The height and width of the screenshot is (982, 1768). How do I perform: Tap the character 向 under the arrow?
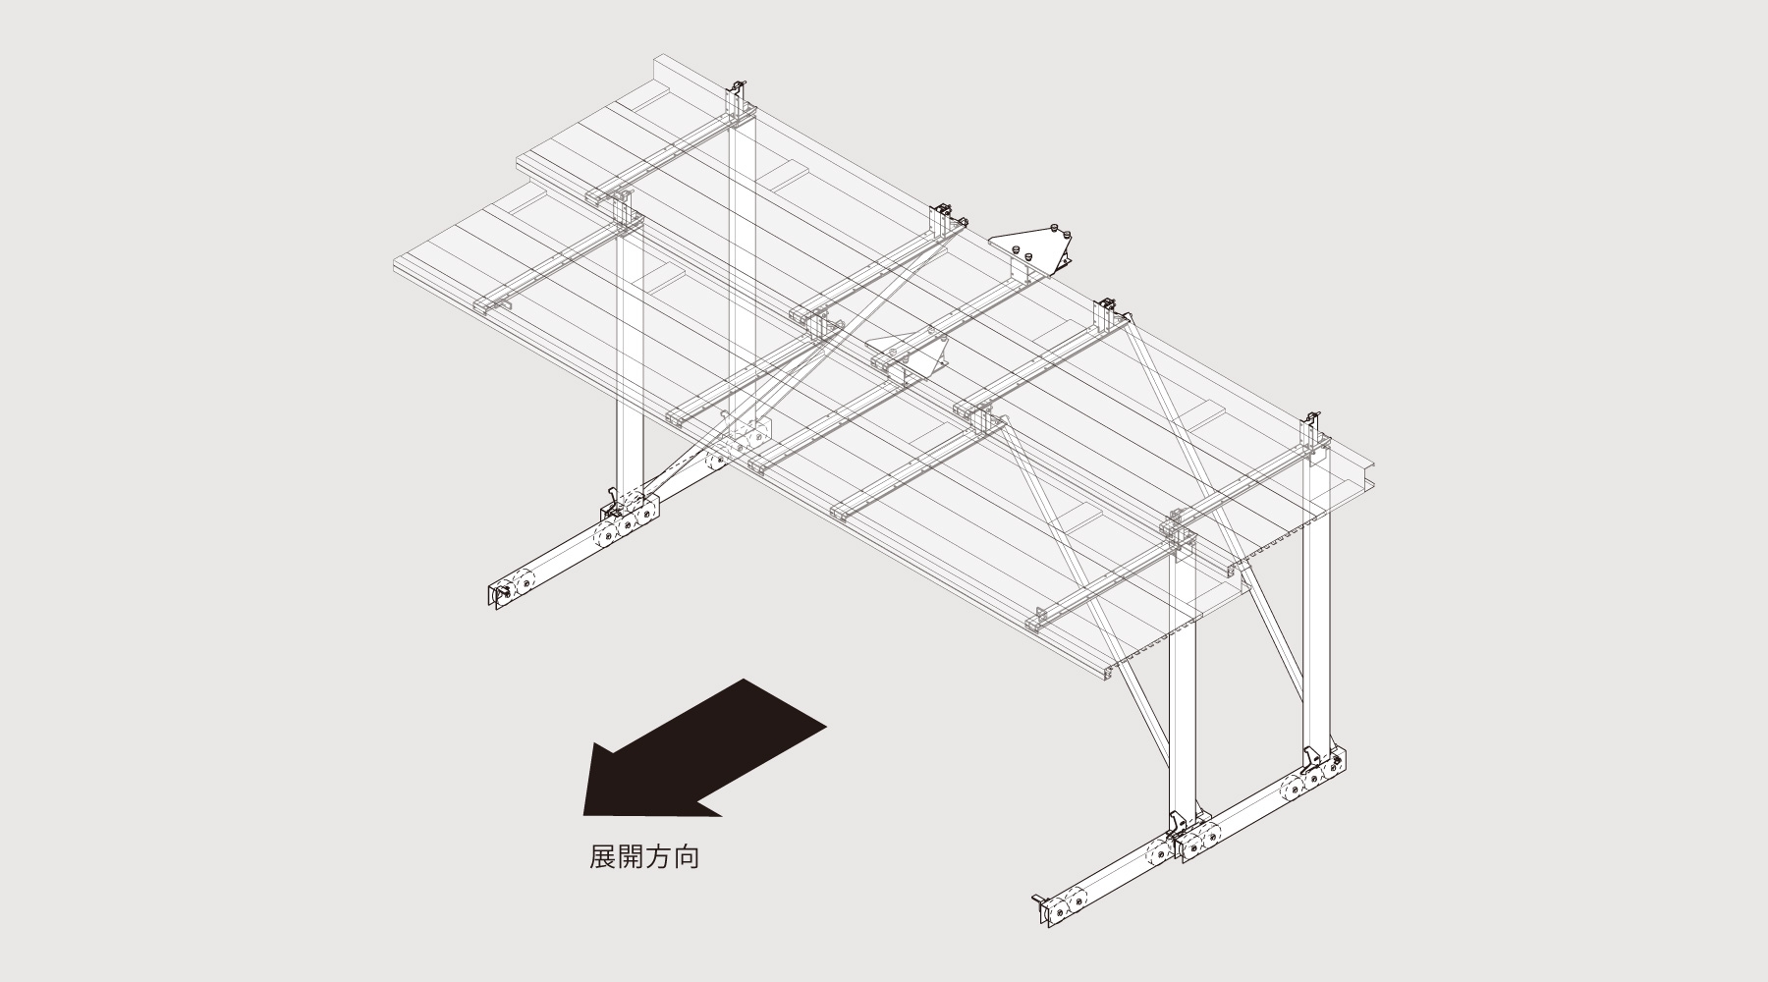tap(687, 857)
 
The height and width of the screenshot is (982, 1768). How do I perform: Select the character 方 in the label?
tap(659, 857)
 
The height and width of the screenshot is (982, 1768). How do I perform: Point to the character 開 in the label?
tap(631, 857)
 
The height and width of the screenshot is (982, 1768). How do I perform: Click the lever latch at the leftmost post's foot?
tap(611, 503)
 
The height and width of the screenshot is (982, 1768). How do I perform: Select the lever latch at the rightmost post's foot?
tap(1312, 757)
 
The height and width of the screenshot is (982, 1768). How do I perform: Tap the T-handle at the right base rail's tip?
tap(1039, 900)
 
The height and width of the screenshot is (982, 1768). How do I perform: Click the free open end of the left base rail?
tap(496, 595)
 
